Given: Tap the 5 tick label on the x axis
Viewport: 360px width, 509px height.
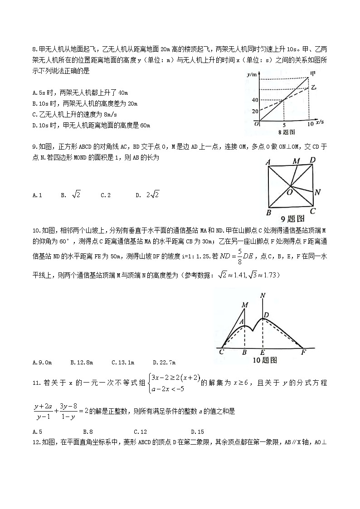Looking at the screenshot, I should [x=284, y=125].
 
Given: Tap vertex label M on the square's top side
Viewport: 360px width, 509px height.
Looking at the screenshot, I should [x=296, y=161].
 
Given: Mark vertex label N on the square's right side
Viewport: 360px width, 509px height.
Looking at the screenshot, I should [x=317, y=192].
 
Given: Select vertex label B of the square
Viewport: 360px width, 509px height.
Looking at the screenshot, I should [x=268, y=212].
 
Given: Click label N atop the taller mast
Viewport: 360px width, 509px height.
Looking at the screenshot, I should [x=263, y=296].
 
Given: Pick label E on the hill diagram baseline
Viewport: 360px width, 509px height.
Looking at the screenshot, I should [x=263, y=352].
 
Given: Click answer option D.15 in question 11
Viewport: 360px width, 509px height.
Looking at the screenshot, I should [x=197, y=431].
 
